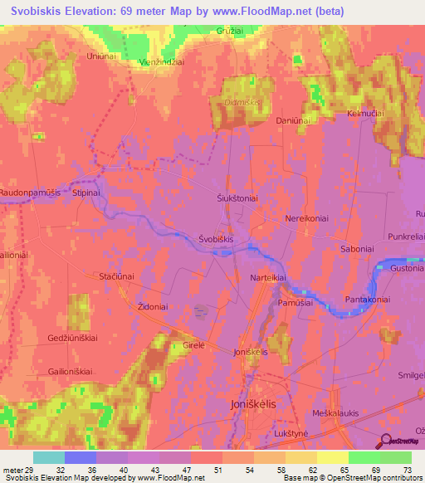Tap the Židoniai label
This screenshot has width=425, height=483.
point(153,306)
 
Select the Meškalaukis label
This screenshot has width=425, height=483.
point(337,393)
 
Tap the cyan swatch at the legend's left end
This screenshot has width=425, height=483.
point(49,457)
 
